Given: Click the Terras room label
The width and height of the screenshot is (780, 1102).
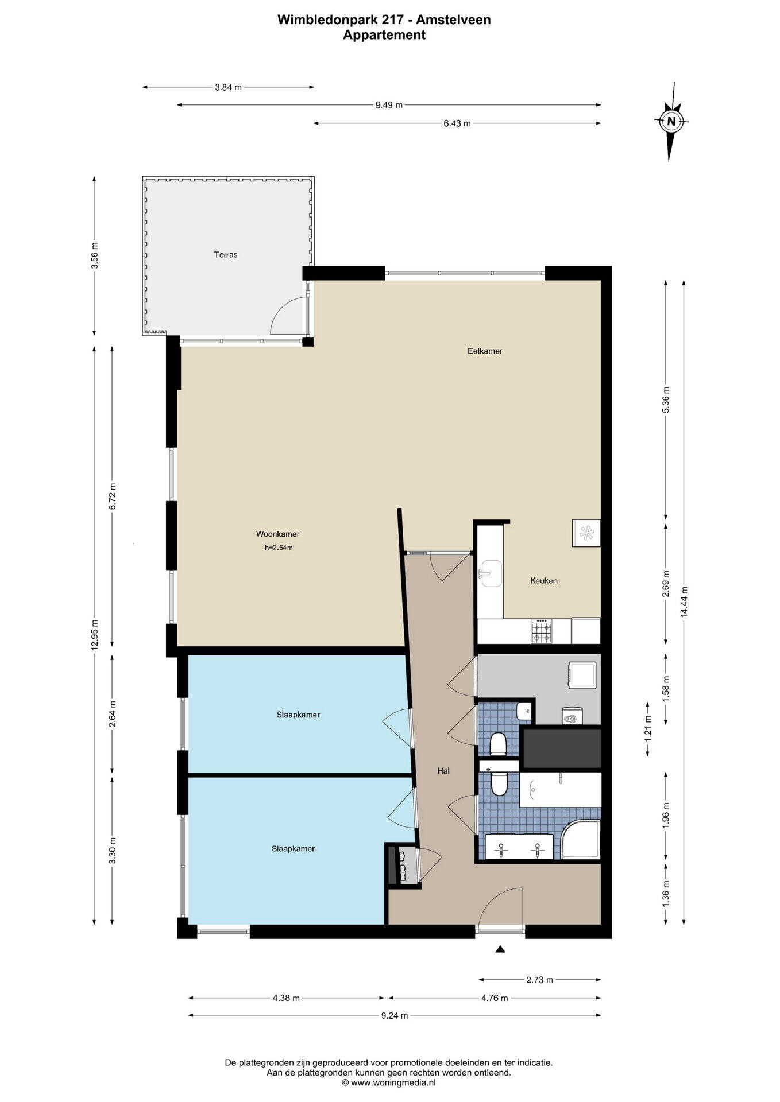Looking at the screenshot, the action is pos(226,255).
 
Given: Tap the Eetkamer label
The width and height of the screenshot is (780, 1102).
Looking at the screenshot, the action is pos(485,351).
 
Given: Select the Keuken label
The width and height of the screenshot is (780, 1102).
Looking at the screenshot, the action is pos(543,581).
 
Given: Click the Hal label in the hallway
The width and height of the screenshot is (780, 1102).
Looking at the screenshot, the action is pos(443,771).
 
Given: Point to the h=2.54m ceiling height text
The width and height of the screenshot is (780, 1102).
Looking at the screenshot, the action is pos(279,548).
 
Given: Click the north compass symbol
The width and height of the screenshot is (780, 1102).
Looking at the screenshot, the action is pos(671,121).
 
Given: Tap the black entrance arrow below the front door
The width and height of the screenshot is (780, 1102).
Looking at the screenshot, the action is pos(500,949).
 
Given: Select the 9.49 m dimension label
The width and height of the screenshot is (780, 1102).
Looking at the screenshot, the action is pos(389,105).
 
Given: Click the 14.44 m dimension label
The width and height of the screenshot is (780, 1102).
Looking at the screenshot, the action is pos(684,601).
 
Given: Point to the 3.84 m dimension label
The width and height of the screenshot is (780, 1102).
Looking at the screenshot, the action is pos(228,87).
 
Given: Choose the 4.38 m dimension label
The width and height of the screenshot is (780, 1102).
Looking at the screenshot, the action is pos(286,998).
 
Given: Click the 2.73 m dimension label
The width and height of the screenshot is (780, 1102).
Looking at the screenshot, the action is pos(539,980).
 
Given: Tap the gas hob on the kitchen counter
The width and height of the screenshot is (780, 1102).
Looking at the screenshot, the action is pos(542,631).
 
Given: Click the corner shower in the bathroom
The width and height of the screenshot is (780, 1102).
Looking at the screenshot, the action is pos(581,839).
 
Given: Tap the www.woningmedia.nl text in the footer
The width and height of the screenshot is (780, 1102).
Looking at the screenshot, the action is pos(393,1082).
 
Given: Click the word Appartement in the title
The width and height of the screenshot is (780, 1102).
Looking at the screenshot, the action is pos(384,35).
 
